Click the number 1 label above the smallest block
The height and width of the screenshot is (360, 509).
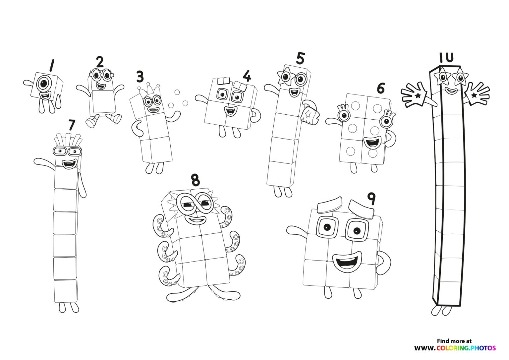[51, 65]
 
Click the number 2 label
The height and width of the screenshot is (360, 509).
[100, 62]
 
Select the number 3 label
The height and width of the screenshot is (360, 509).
[140, 77]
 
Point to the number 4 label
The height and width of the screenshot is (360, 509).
[247, 76]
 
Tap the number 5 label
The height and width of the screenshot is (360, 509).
[300, 58]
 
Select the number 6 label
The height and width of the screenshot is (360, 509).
[381, 88]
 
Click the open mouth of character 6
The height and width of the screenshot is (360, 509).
[372, 143]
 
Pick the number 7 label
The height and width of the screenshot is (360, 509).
[72, 125]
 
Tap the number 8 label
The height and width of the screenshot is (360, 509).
[196, 180]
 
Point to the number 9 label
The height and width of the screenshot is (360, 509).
[371, 199]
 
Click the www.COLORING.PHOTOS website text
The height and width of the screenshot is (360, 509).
[455, 348]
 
